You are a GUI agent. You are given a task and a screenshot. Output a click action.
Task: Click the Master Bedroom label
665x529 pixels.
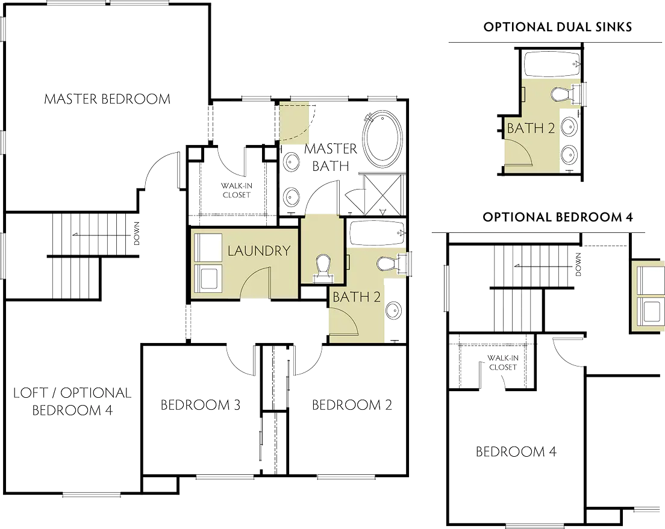(107, 99)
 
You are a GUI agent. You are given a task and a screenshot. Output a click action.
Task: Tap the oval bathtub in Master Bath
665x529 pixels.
(382, 138)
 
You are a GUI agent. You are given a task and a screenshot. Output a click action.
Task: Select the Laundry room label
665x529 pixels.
(258, 251)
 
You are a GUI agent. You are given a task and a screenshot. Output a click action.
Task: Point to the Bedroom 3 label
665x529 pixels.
(201, 405)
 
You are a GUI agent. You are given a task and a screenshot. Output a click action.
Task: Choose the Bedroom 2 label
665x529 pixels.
(352, 405)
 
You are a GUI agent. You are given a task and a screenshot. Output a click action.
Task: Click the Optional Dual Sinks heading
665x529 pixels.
(558, 27)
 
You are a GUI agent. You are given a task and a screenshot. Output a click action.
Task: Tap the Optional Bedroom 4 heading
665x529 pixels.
(558, 217)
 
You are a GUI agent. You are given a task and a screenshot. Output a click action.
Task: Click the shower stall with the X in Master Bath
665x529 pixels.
(383, 194)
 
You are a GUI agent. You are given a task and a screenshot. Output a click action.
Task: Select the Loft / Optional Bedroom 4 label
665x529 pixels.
(72, 401)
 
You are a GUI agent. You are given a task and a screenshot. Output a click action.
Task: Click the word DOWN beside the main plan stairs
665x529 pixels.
(137, 234)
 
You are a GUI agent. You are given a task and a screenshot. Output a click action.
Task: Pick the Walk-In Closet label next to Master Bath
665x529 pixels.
(237, 190)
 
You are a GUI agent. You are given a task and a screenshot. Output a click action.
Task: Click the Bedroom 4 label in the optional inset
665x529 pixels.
(516, 452)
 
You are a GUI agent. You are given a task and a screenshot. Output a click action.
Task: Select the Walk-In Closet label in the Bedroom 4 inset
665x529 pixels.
(502, 362)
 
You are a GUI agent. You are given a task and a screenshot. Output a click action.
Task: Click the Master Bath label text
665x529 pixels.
(331, 157)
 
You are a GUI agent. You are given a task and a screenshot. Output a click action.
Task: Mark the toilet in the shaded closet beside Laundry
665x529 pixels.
(323, 269)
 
